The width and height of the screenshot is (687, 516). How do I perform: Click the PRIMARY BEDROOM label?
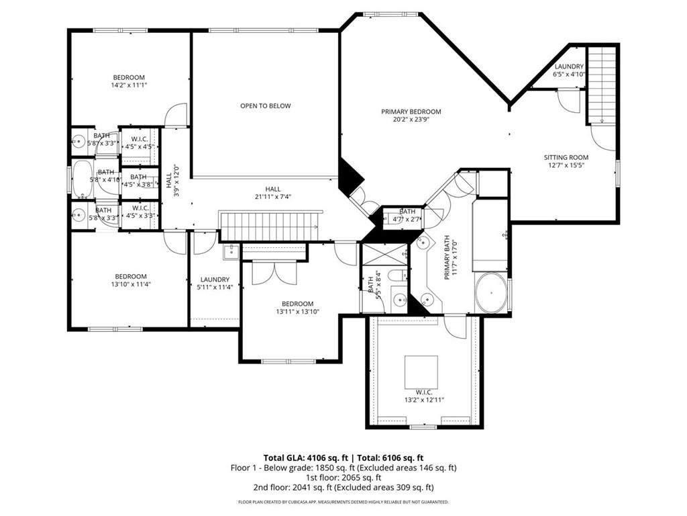coord(411,112)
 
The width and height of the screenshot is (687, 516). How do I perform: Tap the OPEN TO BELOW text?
coord(266,105)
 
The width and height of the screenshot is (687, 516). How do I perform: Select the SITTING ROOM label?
coord(566,157)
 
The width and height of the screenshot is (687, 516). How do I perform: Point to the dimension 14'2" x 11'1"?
coord(129,85)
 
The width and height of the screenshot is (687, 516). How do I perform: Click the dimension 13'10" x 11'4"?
coord(130,284)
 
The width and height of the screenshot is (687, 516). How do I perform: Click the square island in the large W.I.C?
coord(421,372)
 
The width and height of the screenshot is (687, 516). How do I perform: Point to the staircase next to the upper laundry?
coord(602,84)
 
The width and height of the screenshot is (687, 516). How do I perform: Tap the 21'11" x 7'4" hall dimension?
coord(272,197)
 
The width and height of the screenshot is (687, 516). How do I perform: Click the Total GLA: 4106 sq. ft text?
coord(303,457)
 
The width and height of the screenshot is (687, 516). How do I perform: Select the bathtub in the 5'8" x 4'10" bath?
coord(83,179)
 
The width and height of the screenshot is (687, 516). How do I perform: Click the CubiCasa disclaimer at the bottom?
coord(343,502)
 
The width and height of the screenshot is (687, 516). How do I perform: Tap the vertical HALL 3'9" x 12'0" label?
coord(172,180)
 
